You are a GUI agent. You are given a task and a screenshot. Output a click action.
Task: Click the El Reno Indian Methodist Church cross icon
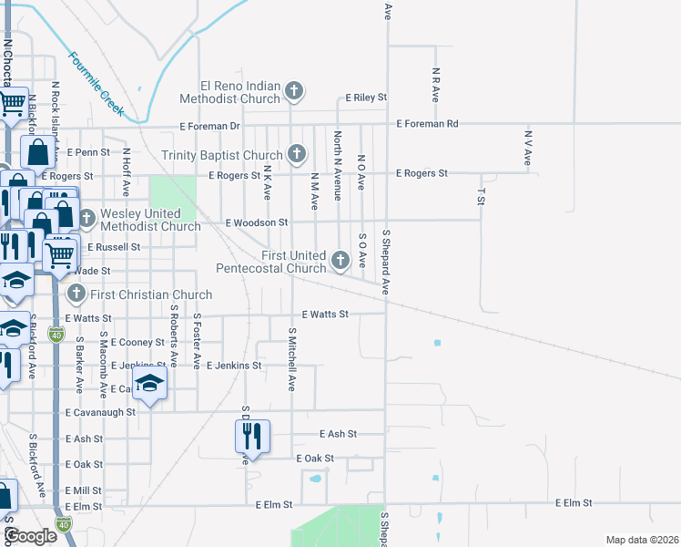[x=294, y=90]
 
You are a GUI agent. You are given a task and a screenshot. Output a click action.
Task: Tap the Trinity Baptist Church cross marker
[x=296, y=154]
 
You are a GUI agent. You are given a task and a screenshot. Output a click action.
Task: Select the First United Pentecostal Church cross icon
[x=340, y=260]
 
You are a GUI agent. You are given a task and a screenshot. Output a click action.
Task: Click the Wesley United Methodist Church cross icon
[x=86, y=219]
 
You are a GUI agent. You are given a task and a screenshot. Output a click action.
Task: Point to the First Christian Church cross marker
[x=76, y=294]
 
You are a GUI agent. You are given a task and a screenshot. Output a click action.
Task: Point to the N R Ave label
[x=436, y=84]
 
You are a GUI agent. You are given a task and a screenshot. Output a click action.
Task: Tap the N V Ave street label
[x=527, y=148]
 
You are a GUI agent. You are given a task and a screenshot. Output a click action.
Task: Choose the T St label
[x=481, y=197]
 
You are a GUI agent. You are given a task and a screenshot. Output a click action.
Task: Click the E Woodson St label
[x=257, y=222]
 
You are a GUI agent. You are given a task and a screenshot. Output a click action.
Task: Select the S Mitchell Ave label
[x=292, y=359]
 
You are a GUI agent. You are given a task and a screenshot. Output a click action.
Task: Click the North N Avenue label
[x=337, y=165]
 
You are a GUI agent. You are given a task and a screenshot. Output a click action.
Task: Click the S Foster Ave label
[x=197, y=342]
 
